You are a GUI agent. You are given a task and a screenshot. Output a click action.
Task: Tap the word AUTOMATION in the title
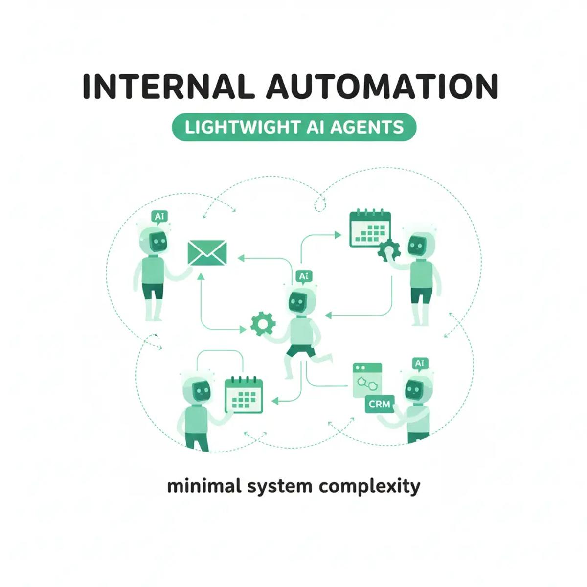[382, 87]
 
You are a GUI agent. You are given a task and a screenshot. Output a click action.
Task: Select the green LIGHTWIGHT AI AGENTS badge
[294, 128]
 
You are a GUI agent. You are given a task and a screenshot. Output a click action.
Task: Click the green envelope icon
[207, 253]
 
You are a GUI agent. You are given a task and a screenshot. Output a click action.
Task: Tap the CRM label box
[380, 404]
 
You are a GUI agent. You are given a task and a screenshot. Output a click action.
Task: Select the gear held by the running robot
[263, 323]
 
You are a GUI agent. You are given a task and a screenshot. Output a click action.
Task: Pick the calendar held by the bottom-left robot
[244, 395]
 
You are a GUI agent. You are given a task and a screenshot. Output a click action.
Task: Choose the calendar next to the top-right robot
[370, 229]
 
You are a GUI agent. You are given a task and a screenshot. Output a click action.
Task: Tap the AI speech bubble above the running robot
[303, 277]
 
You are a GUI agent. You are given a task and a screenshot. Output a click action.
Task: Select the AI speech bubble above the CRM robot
[419, 363]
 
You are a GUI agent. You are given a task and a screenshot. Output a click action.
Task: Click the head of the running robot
[298, 303]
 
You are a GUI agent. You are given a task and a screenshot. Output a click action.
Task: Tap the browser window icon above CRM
[367, 380]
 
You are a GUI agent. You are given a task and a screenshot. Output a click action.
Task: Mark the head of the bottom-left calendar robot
[201, 390]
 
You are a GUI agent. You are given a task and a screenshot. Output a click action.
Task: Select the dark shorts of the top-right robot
[421, 295]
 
